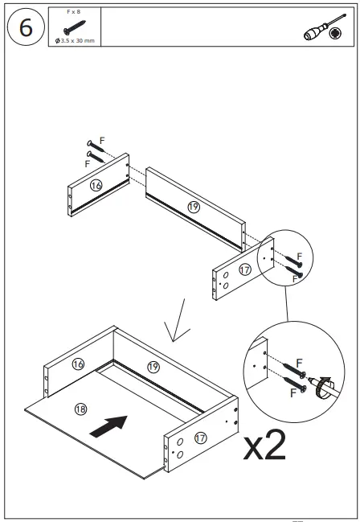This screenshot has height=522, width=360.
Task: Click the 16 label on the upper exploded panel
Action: coord(96,185)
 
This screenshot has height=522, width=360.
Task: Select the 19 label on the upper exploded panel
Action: coord(193,207)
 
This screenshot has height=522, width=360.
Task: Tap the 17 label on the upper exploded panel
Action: coord(244,269)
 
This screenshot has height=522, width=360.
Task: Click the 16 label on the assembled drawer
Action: coord(78,364)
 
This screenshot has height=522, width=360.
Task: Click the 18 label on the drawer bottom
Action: coord(80,409)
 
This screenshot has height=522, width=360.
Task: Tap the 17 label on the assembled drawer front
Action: coord(199,439)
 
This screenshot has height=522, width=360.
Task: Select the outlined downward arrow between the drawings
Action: coord(176,319)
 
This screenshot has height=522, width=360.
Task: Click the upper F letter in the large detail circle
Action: coord(299,363)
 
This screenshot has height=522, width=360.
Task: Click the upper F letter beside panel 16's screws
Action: coord(102,139)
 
